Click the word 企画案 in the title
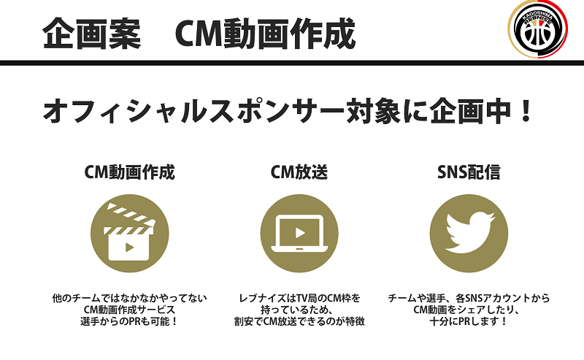click(x=91, y=34)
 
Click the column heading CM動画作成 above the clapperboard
click(x=129, y=173)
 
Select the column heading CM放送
click(x=299, y=173)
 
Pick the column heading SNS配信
click(x=468, y=173)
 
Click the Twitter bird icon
click(x=468, y=228)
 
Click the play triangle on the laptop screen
click(x=299, y=233)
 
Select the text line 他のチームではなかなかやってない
click(x=130, y=298)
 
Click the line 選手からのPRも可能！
click(x=129, y=321)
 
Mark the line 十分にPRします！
click(x=468, y=321)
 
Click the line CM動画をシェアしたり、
click(x=468, y=310)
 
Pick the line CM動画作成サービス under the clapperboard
click(x=129, y=310)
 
